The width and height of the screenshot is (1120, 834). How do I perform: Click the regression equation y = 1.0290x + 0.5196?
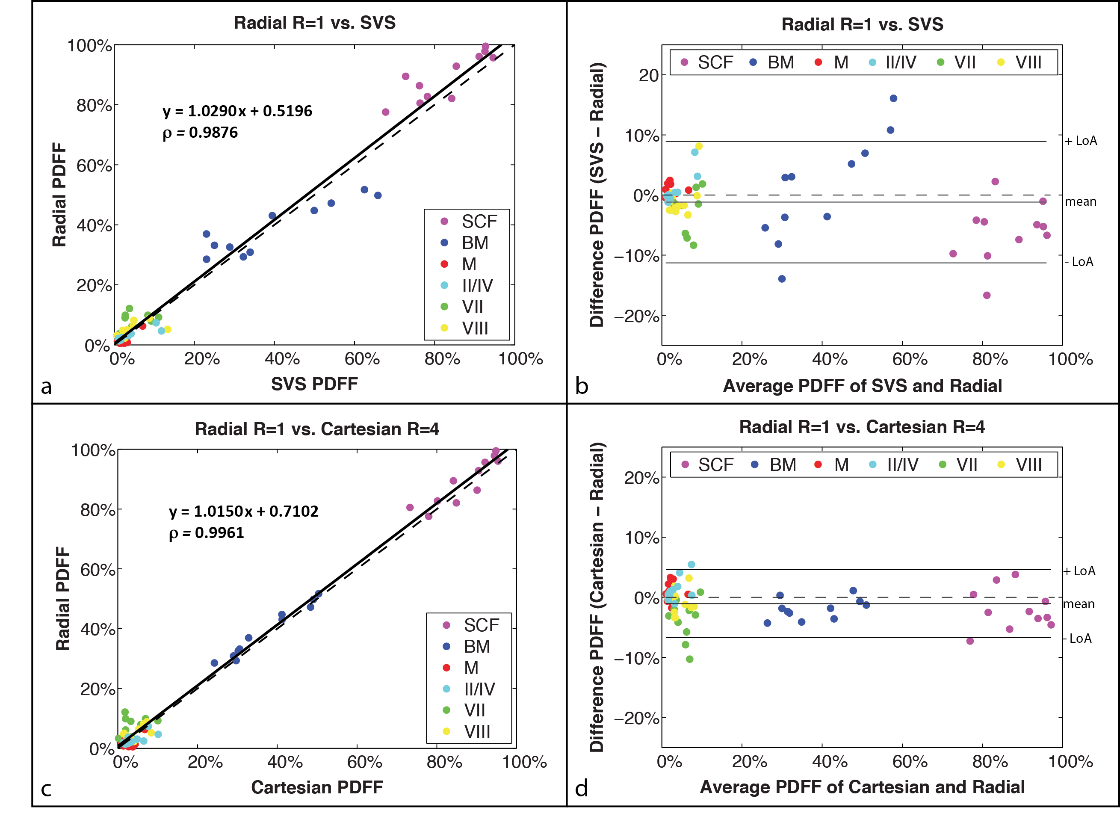237,111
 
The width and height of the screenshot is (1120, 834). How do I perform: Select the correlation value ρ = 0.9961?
207,533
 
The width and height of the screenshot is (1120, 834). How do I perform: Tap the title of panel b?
862,24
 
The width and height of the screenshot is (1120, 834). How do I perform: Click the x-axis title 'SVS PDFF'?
314,384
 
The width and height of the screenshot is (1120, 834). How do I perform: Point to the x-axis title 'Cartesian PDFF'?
317,787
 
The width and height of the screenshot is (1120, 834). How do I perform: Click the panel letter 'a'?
47,387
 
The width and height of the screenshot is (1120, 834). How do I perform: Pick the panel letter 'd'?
582,789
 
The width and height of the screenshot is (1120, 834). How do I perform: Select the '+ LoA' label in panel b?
1081,141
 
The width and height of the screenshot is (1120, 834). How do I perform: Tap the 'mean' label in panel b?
1081,202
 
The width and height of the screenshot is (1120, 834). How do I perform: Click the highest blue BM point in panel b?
893,98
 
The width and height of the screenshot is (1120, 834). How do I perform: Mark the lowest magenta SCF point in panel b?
987,296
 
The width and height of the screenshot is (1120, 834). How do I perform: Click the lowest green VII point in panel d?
689,659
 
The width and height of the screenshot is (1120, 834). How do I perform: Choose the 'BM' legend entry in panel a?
474,243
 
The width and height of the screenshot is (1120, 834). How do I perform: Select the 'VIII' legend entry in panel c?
476,731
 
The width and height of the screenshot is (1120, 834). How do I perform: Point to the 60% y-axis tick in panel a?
95,166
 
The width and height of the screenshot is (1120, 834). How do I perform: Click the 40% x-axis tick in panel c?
285,762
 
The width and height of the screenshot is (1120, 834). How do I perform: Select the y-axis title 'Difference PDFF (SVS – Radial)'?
597,195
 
